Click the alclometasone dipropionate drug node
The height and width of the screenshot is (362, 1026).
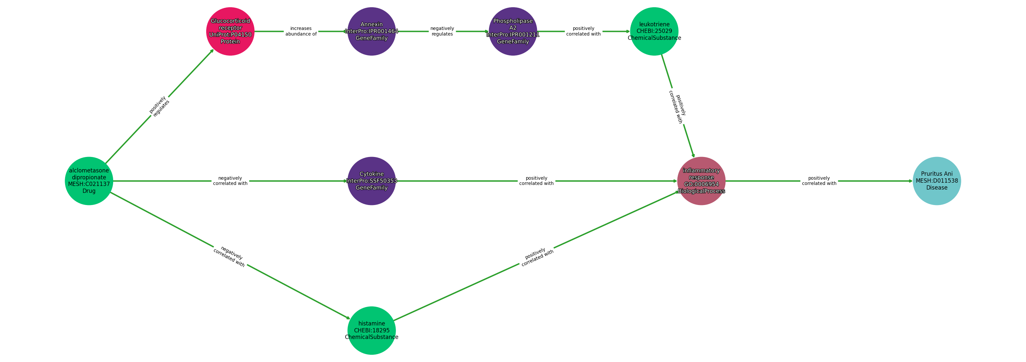(89, 181)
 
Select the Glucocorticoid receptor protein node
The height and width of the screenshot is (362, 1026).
(230, 31)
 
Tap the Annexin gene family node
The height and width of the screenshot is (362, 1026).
(372, 31)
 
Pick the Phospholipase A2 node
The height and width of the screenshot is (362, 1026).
(513, 31)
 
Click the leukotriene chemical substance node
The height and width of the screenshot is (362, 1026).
(654, 31)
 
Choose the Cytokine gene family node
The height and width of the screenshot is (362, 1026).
(372, 181)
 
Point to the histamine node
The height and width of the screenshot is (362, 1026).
(372, 330)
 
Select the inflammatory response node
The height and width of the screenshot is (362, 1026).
(701, 181)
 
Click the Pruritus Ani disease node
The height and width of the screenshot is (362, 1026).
(937, 181)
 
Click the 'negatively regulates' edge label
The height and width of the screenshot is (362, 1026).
(442, 31)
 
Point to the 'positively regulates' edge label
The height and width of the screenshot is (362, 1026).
(159, 106)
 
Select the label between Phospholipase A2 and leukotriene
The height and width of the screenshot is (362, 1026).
(583, 31)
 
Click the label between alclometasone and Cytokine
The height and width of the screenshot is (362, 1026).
(230, 181)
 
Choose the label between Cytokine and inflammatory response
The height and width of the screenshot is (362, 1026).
(536, 181)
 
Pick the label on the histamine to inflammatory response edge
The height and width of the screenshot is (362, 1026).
(536, 256)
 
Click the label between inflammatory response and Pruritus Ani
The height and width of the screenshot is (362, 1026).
(819, 181)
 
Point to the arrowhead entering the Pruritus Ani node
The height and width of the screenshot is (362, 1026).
(910, 181)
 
